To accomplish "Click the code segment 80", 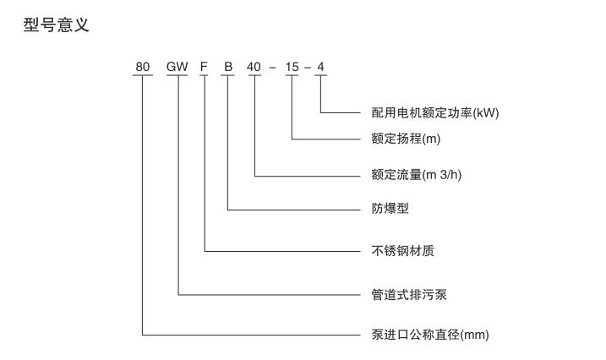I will click(x=142, y=67).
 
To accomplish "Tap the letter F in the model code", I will click(x=204, y=67).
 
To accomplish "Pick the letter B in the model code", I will click(x=227, y=67).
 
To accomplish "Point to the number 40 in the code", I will click(x=254, y=67).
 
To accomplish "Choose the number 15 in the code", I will click(x=292, y=67).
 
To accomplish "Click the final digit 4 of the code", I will click(x=320, y=67).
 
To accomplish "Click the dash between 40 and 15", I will click(x=273, y=68).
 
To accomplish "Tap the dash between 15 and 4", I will click(x=307, y=68).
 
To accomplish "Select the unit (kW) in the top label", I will click(x=497, y=112).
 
